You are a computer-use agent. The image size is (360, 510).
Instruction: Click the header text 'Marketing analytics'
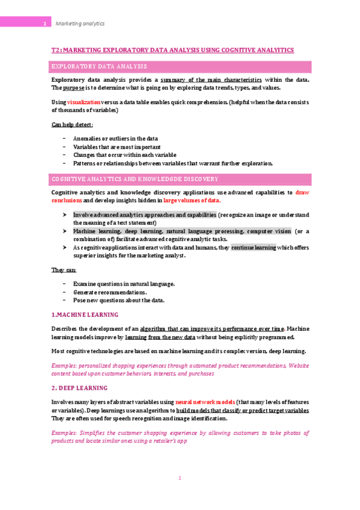click(x=80, y=23)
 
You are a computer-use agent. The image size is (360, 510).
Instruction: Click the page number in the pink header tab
click(x=45, y=24)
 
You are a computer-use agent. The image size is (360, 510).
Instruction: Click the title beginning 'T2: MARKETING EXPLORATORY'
click(x=172, y=51)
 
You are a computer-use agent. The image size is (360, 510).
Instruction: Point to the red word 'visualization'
click(x=84, y=103)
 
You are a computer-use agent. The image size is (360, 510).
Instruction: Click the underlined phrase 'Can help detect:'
click(x=72, y=124)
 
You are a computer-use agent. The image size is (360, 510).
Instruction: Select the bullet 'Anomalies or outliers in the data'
click(x=115, y=138)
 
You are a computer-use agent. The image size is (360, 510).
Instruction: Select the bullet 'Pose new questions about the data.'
click(x=118, y=300)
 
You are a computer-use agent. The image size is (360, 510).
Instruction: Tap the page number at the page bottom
click(x=179, y=478)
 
